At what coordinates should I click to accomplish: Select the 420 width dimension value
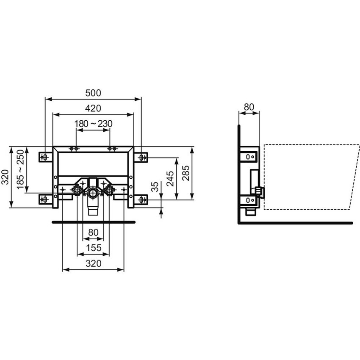[x=93, y=108]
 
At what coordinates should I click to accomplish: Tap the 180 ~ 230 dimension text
[x=93, y=124]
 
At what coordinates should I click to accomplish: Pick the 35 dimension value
[x=155, y=187]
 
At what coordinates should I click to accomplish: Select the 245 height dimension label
[x=170, y=178]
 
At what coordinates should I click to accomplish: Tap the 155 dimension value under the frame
[x=93, y=248]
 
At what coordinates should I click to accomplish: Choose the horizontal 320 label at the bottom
[x=93, y=263]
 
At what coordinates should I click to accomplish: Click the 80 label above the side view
[x=249, y=108]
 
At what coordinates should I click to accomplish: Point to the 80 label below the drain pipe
[x=93, y=233]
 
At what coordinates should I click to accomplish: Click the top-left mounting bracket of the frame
[x=44, y=157]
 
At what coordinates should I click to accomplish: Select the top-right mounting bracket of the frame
[x=141, y=157]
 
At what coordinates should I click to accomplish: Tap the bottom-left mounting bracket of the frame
[x=44, y=198]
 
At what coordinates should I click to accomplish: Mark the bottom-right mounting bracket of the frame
[x=141, y=198]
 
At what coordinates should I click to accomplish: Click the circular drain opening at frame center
[x=93, y=194]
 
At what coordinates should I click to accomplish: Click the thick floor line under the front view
[x=93, y=221]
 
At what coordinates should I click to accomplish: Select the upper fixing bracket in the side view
[x=249, y=156]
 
